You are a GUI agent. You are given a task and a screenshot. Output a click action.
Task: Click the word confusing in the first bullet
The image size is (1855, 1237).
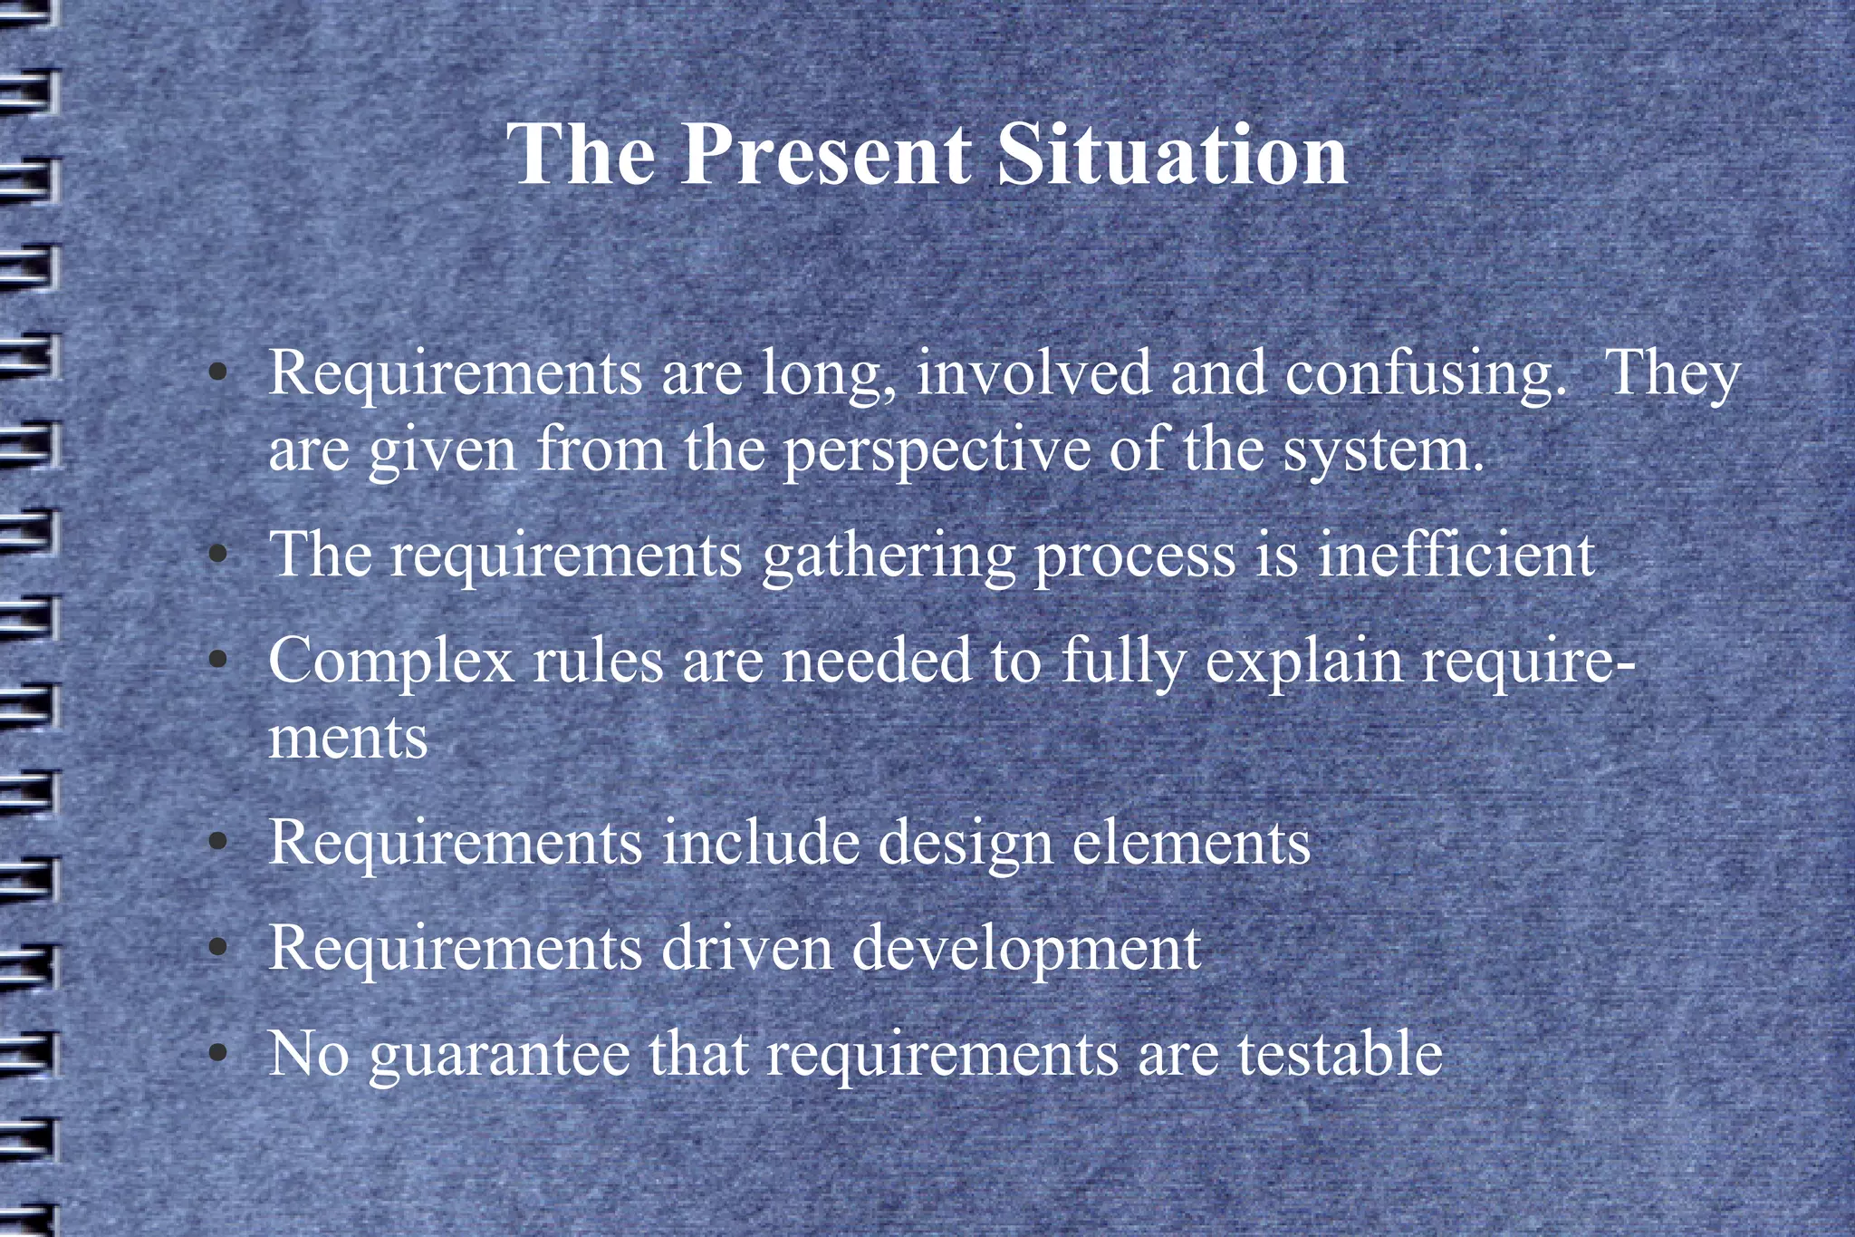(x=1425, y=374)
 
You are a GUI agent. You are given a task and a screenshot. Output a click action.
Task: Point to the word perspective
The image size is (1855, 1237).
(x=937, y=451)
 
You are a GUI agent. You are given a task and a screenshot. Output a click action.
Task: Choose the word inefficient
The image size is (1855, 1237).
(x=1456, y=554)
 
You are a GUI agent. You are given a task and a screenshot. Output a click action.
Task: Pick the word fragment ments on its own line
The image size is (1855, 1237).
(x=348, y=738)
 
